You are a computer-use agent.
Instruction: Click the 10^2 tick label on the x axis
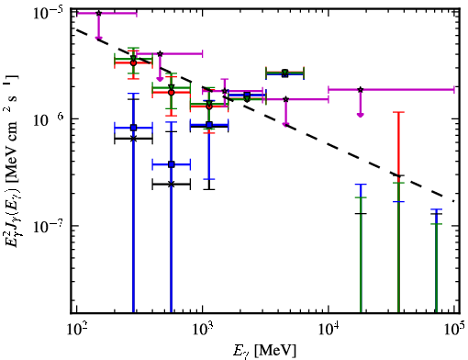pos(76,330)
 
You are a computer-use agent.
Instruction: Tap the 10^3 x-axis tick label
pos(202,330)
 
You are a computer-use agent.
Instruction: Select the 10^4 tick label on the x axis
pos(329,330)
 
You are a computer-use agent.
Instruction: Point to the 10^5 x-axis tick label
pos(454,330)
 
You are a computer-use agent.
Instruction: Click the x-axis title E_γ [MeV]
pos(264,351)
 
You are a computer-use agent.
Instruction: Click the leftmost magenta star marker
pos(98,13)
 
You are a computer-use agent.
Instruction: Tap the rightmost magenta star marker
pos(361,90)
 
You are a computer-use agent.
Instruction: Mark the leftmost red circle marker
pos(133,62)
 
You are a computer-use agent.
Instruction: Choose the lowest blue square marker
pos(172,164)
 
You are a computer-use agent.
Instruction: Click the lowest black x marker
pos(172,185)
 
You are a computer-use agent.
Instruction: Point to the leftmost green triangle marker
pos(133,58)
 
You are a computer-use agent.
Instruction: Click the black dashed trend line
pos(265,115)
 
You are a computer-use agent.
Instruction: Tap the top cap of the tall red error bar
pos(398,112)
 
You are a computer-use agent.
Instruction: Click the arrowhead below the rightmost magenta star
pos(361,115)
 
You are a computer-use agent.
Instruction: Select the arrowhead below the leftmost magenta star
pos(98,38)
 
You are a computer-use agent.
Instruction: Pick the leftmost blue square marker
pos(133,128)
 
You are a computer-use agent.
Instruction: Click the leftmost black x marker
pos(133,139)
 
